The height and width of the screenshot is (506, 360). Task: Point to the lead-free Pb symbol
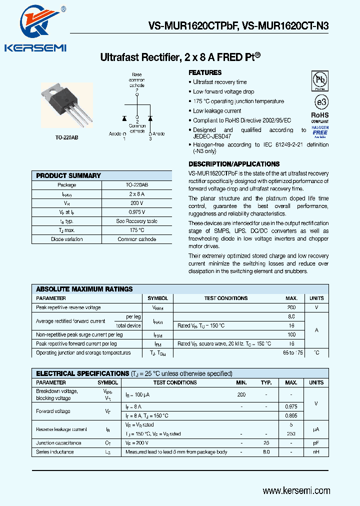pyautogui.click(x=320, y=80)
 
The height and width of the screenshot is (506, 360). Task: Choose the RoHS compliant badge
pyautogui.click(x=320, y=117)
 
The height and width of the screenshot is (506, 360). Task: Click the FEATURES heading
pyautogui.click(x=205, y=72)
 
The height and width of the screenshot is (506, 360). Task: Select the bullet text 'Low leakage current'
pyautogui.click(x=217, y=111)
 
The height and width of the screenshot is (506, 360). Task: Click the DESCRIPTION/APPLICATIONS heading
pyautogui.click(x=233, y=164)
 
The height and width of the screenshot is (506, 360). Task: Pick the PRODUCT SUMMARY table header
pyautogui.click(x=68, y=175)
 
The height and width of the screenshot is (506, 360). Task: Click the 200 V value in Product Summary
pyautogui.click(x=136, y=203)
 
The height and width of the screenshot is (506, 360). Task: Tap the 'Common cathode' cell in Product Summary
pyautogui.click(x=136, y=239)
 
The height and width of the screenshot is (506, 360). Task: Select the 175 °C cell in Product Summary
pyautogui.click(x=136, y=230)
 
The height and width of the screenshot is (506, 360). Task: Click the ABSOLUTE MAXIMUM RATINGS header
pyautogui.click(x=84, y=289)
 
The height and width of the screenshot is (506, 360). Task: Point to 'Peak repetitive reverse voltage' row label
pyautogui.click(x=68, y=307)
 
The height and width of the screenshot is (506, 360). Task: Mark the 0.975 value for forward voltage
pyautogui.click(x=291, y=407)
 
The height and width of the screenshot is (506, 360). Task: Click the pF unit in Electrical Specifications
pyautogui.click(x=316, y=443)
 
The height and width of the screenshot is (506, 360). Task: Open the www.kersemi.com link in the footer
pyautogui.click(x=296, y=491)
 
